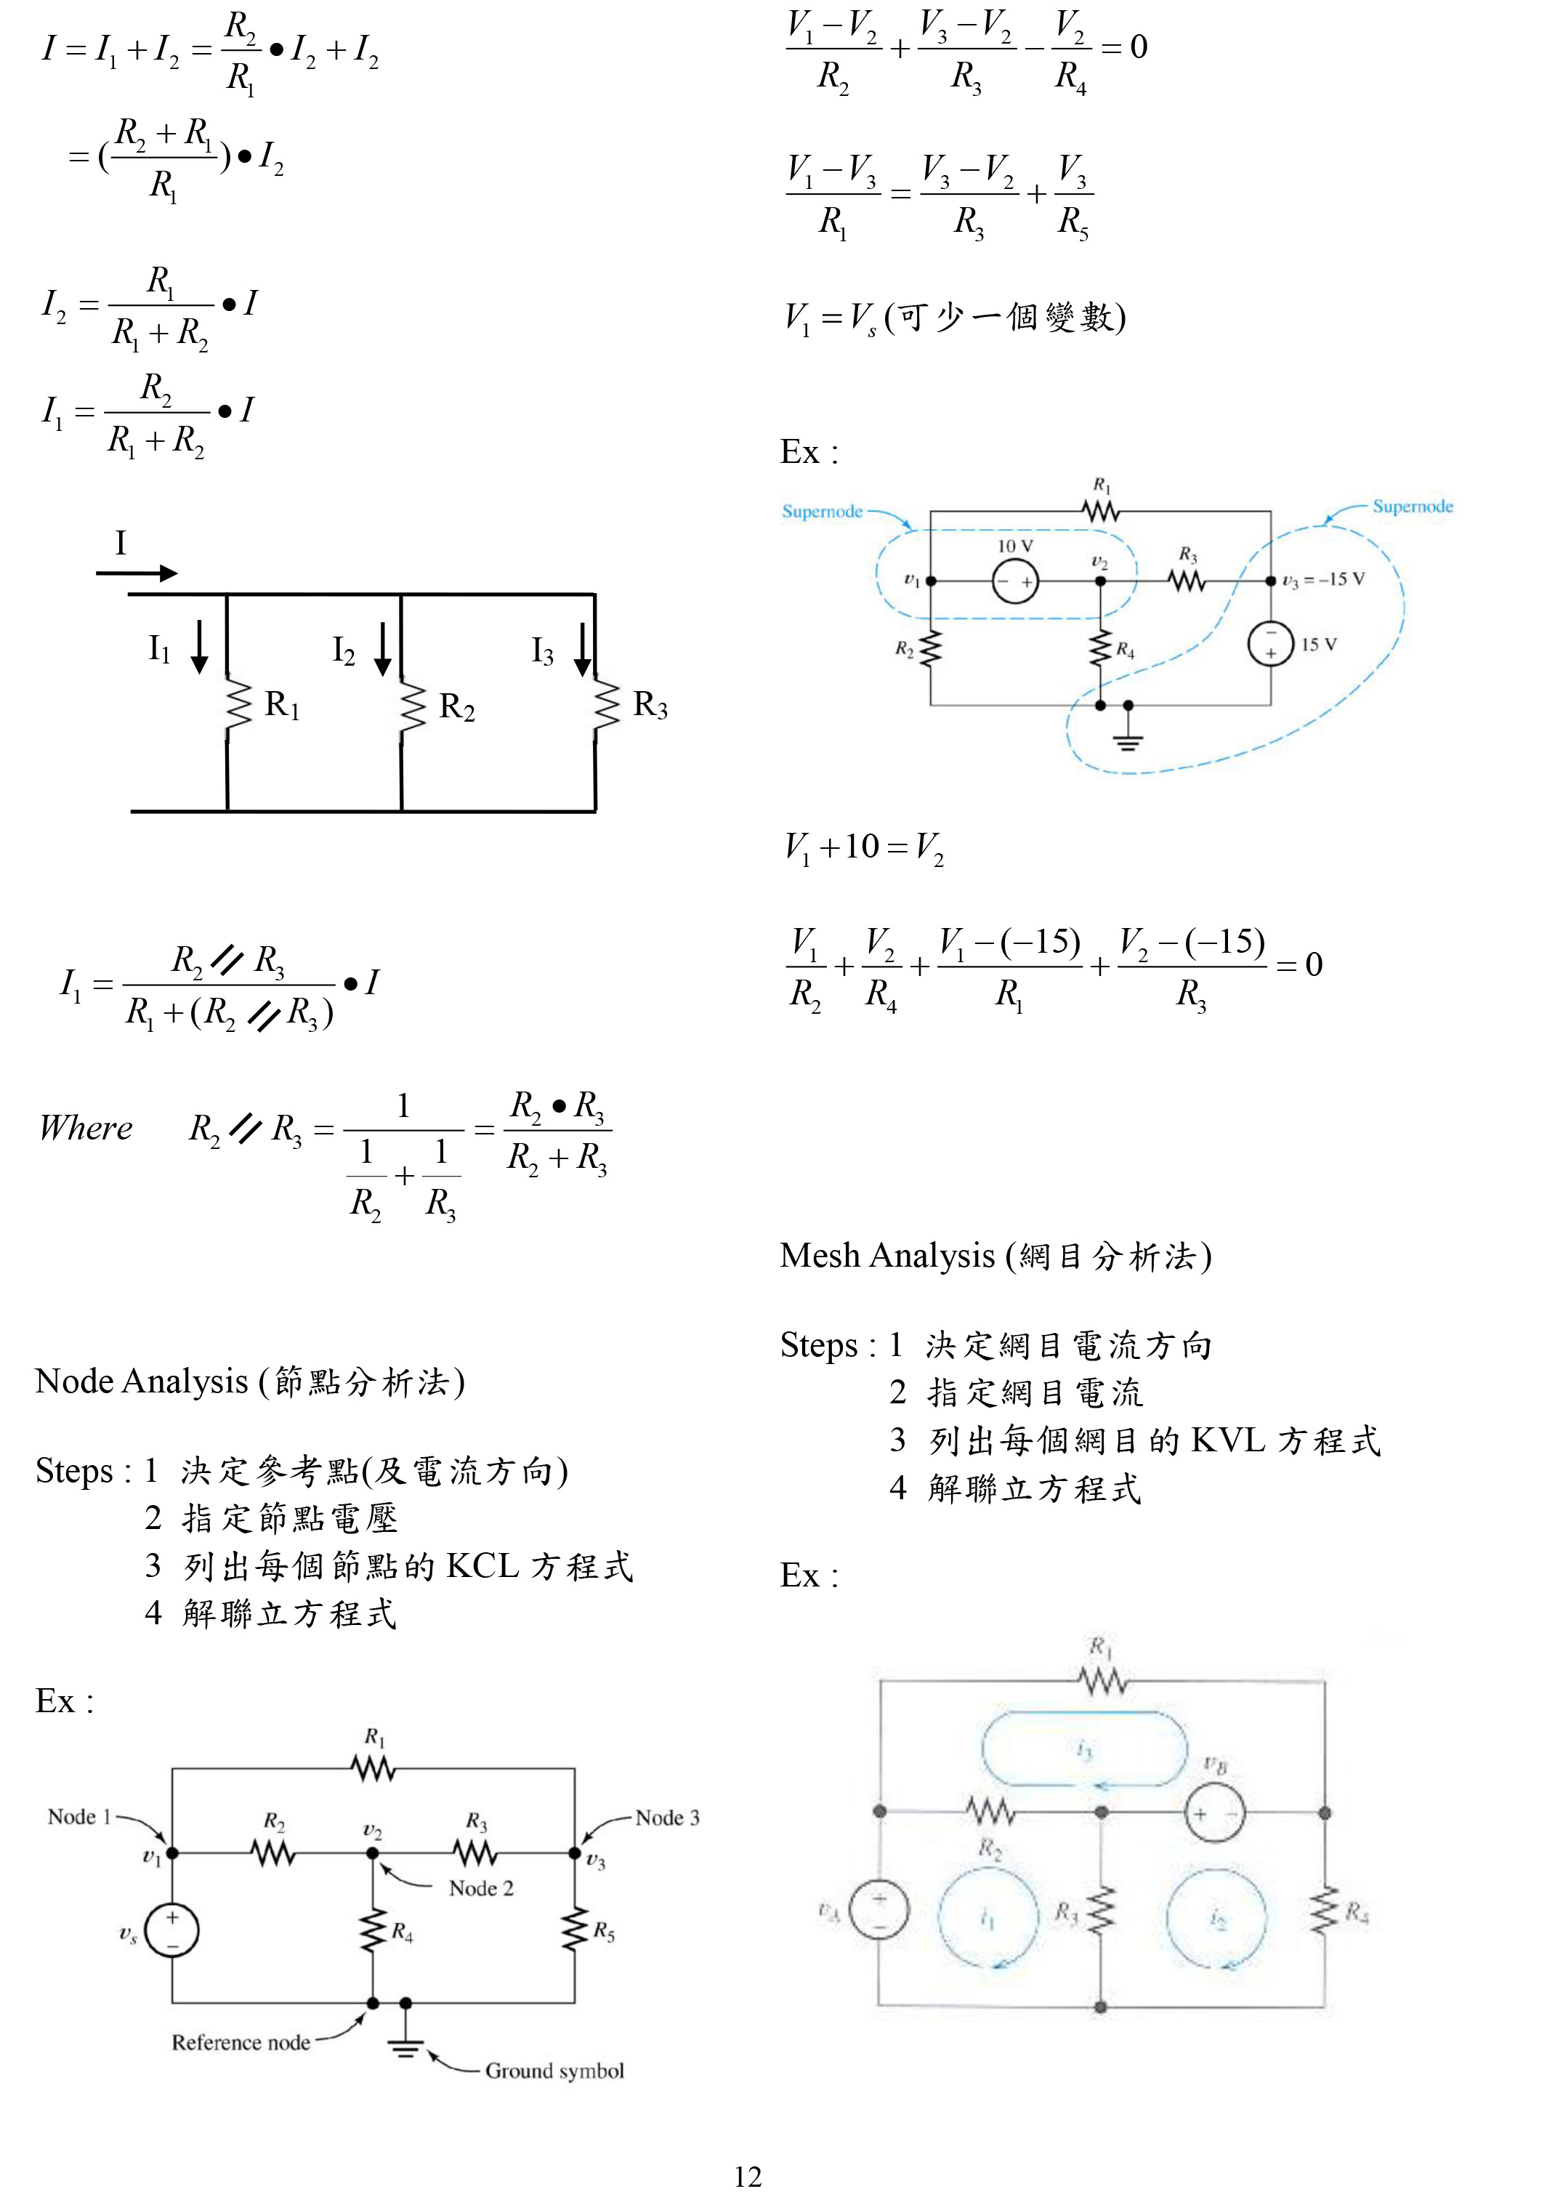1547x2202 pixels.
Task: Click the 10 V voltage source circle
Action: [1014, 581]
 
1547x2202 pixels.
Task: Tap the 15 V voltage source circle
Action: [1270, 644]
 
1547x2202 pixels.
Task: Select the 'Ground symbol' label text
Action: [554, 2070]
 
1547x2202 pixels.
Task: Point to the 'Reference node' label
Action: [241, 2042]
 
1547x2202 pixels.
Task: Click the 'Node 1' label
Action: [80, 1816]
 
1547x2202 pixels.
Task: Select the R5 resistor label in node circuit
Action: [603, 1931]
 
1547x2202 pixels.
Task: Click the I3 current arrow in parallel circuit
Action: [582, 648]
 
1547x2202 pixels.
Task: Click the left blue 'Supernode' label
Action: [822, 511]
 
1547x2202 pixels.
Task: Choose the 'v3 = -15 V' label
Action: [1322, 579]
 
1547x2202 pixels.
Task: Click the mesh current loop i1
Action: [987, 1918]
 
